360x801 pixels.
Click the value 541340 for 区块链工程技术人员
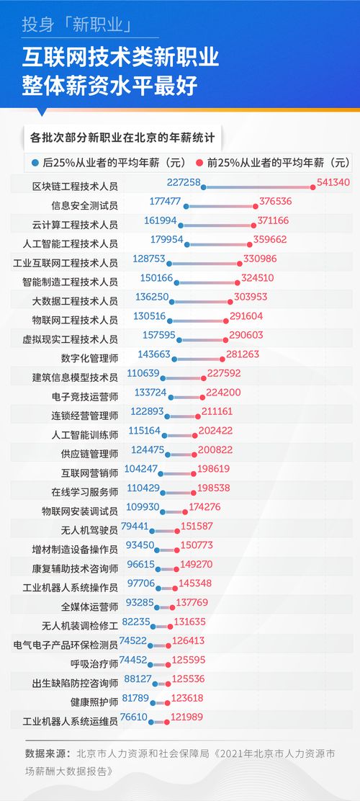(333, 182)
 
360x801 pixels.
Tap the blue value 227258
(183, 183)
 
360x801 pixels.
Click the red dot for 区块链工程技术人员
(313, 187)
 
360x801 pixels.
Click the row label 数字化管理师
(90, 358)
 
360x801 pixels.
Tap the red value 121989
(188, 717)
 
